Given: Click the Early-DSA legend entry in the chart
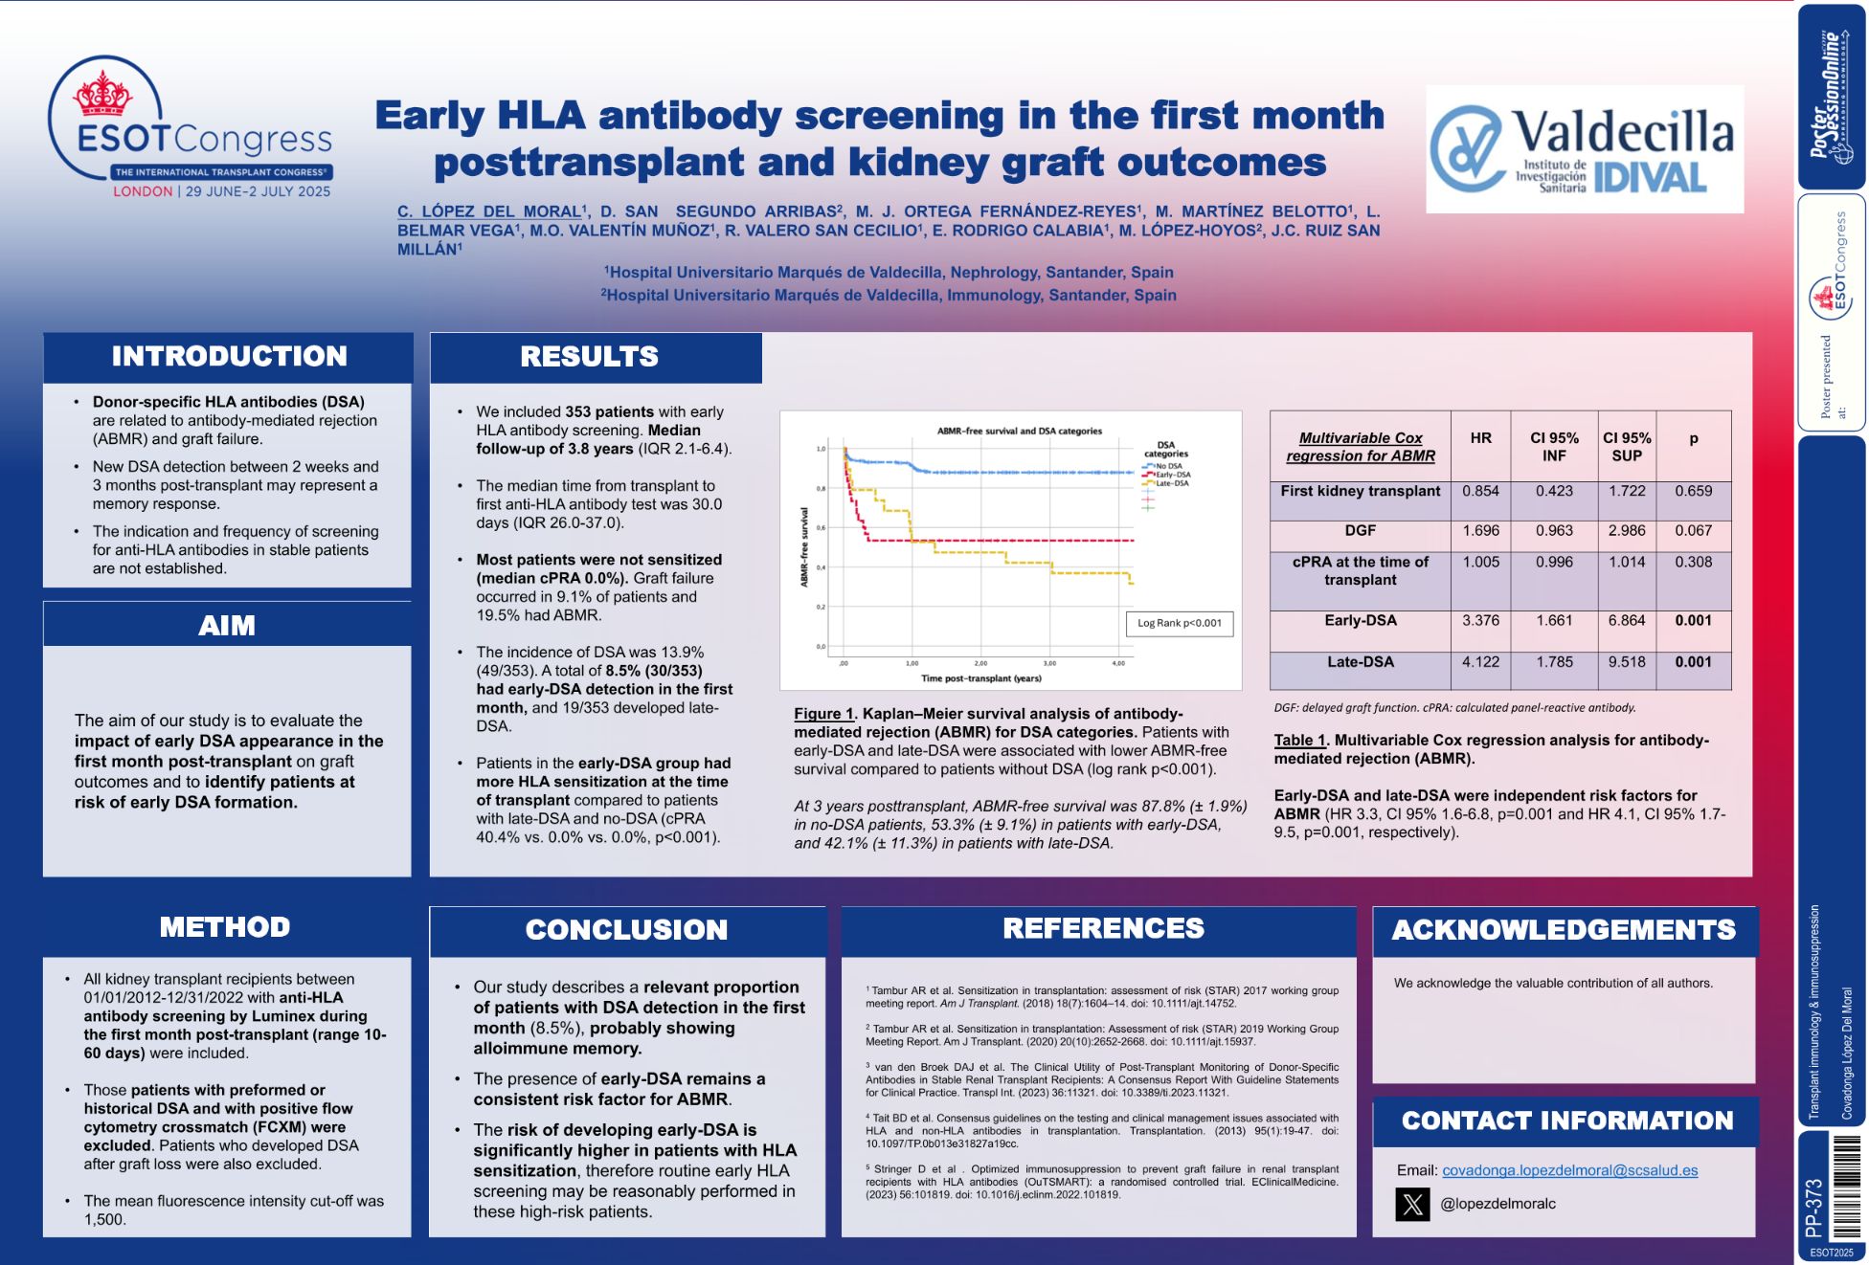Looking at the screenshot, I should coord(1171,475).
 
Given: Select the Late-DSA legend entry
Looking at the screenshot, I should coord(1171,483).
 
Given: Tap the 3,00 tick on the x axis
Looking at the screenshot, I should coord(1049,663).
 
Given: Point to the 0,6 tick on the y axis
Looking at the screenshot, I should coord(821,528).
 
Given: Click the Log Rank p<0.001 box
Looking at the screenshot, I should coord(1179,623).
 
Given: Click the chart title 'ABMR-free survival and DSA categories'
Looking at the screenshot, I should coord(1019,432).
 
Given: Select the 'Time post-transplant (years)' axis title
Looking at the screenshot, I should coord(980,678).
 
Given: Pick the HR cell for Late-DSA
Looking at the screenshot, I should coord(1480,662).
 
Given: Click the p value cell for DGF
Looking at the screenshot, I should coord(1693,531).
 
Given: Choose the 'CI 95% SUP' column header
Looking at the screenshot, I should coord(1627,447).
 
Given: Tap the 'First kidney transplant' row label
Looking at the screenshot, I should coord(1360,491).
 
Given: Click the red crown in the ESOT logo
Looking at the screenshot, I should coord(102,94).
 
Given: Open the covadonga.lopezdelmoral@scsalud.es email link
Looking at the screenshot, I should coord(1569,1170).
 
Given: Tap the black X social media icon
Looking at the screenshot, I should coord(1412,1204).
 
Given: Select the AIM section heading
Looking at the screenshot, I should coord(227,626).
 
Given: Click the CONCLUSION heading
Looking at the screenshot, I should coord(626,930).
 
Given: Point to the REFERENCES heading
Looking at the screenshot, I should coord(1103,928).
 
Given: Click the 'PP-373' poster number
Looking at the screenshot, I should coord(1813,1209).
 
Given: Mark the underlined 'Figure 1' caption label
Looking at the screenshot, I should coord(823,714).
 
